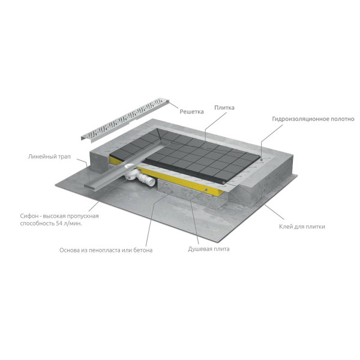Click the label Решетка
click(191, 112)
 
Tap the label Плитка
click(224, 107)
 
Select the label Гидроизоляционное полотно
click(313, 119)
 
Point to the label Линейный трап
click(49, 157)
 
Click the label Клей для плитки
click(302, 227)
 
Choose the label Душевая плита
click(208, 249)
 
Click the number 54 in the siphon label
click(59, 223)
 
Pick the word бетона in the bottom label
click(143, 250)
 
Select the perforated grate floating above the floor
click(125, 119)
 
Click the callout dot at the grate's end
click(167, 101)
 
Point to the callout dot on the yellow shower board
click(206, 190)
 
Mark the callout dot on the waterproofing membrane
click(261, 159)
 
